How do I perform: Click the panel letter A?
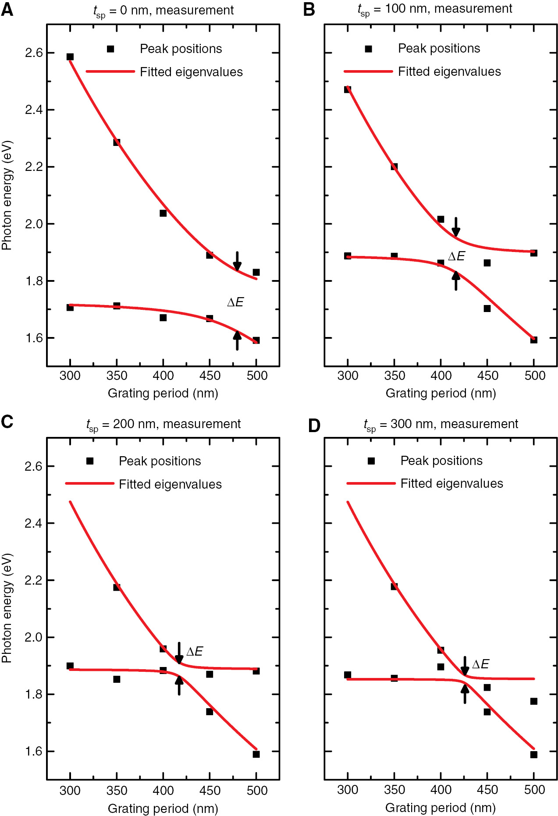pos(7,9)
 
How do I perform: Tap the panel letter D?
pos(314,426)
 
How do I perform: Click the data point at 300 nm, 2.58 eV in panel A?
pos(70,57)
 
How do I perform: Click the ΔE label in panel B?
pos(456,256)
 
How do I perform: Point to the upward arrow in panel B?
pos(456,281)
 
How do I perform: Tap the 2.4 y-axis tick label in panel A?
pos(34,110)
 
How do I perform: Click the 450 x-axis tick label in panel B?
pos(487,376)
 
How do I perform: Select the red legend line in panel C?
pos(89,483)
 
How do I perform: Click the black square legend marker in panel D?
pos(371,461)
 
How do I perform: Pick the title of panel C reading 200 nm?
pos(163,424)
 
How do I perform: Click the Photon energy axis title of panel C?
pos(7,608)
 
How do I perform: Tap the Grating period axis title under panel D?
pos(441,808)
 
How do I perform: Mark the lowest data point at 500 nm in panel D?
pos(533,755)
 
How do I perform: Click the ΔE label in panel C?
pos(195,651)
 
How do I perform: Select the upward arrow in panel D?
pos(465,694)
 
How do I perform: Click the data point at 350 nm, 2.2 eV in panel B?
pos(394,167)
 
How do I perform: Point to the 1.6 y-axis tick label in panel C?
pos(34,752)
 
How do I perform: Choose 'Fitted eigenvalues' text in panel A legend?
pos(191,72)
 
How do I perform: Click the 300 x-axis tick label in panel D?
pos(348,790)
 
